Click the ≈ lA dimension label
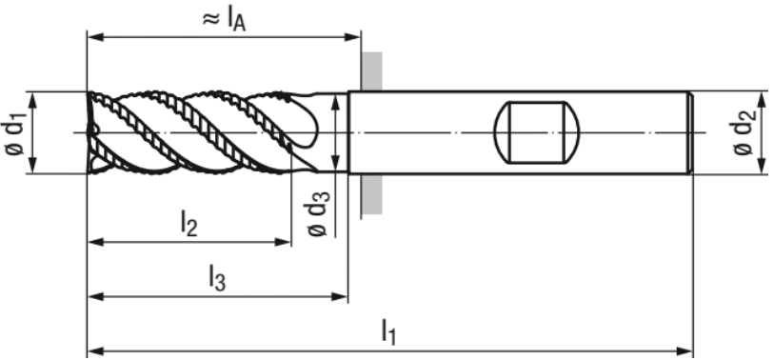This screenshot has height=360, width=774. point(224,20)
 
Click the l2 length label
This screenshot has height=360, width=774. point(189,223)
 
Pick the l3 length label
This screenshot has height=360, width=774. point(217,277)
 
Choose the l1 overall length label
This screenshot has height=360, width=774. point(388,331)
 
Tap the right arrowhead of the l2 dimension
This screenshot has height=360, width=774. point(283,242)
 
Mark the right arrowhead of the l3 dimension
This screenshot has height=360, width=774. point(340,297)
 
